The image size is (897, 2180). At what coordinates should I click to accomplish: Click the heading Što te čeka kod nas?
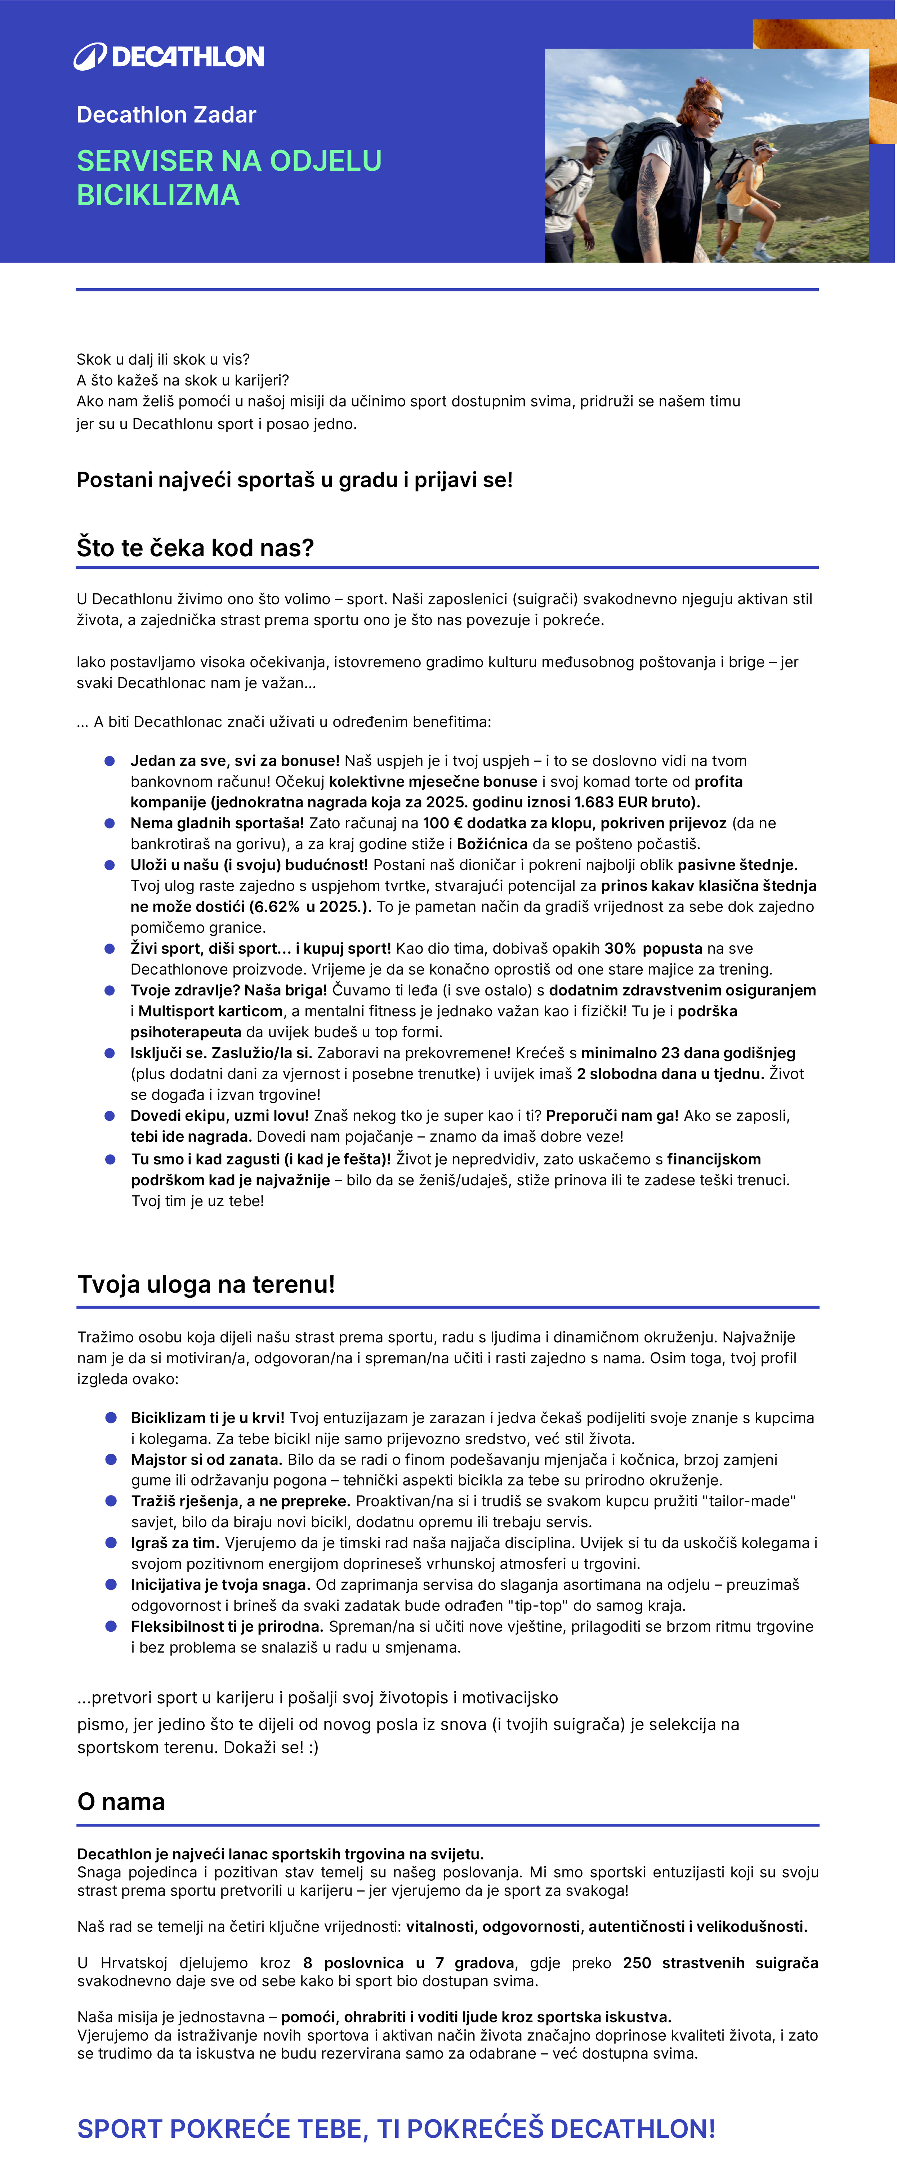[x=195, y=548]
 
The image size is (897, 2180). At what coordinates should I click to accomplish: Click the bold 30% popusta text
[x=653, y=949]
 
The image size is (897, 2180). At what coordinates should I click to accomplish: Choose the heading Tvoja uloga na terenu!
[x=206, y=1285]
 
